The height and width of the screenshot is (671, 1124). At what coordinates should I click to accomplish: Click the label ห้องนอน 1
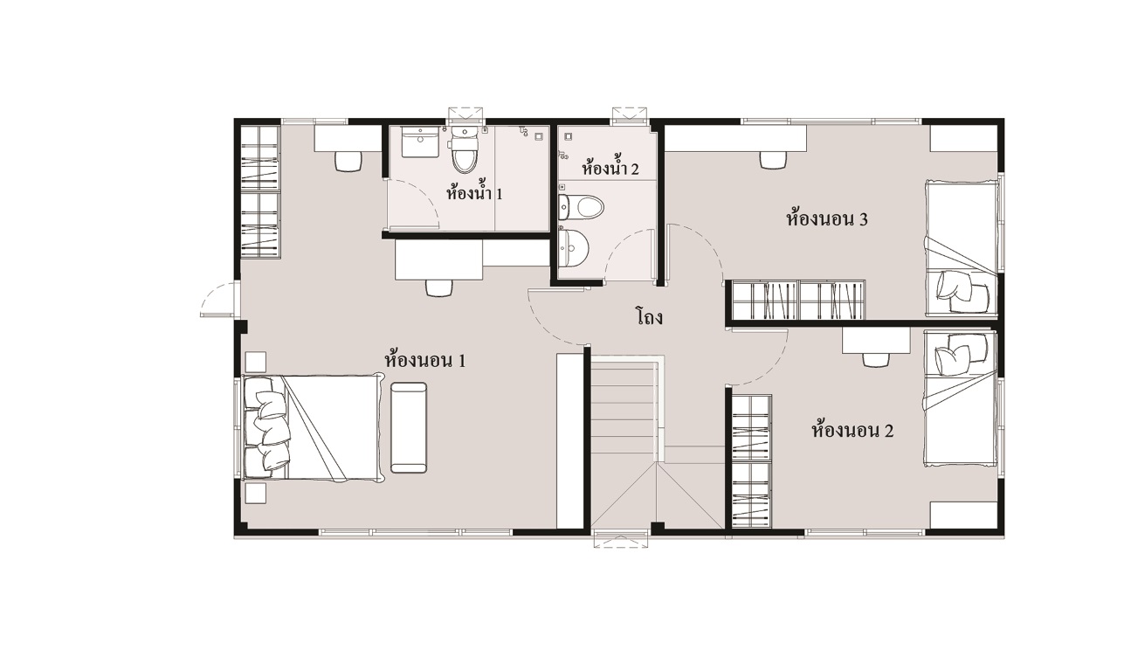[x=425, y=360]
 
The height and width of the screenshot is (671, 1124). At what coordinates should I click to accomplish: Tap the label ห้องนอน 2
[x=852, y=430]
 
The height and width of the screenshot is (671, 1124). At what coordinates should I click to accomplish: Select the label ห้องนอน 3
[x=827, y=218]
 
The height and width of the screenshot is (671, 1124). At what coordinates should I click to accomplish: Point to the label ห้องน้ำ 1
[x=474, y=192]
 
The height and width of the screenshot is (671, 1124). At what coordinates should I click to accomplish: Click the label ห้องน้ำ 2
[x=610, y=167]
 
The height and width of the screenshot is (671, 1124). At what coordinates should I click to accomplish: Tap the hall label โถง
[x=649, y=317]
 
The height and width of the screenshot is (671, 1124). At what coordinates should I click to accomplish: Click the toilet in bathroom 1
[x=464, y=149]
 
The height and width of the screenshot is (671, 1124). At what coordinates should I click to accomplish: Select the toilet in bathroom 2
[x=582, y=207]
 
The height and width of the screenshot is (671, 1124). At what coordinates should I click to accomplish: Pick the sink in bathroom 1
[x=420, y=142]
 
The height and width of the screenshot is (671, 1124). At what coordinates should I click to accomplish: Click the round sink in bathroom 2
[x=573, y=248]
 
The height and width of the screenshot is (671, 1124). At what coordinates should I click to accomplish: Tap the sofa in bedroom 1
[x=409, y=427]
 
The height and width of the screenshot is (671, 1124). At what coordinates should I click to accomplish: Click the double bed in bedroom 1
[x=312, y=427]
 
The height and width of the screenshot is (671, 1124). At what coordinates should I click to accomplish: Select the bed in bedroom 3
[x=961, y=249]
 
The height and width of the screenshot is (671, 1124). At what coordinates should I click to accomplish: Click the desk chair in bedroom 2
[x=876, y=359]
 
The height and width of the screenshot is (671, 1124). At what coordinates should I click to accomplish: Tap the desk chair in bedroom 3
[x=773, y=160]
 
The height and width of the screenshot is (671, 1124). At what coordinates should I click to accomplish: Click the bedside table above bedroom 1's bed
[x=255, y=362]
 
